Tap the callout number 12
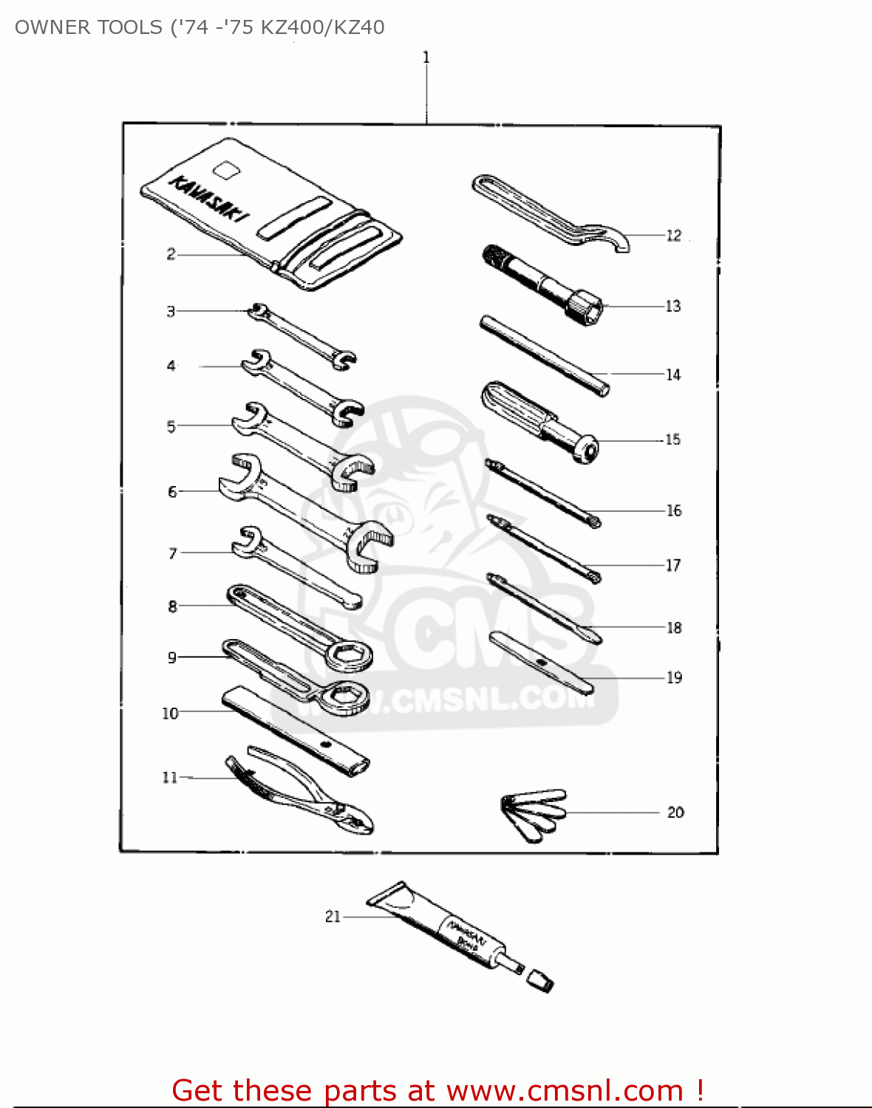(x=673, y=236)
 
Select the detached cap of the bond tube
(x=539, y=982)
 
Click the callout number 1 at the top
(x=426, y=57)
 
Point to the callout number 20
(x=675, y=813)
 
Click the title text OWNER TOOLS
(x=89, y=27)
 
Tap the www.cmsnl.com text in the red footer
(x=565, y=1090)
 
